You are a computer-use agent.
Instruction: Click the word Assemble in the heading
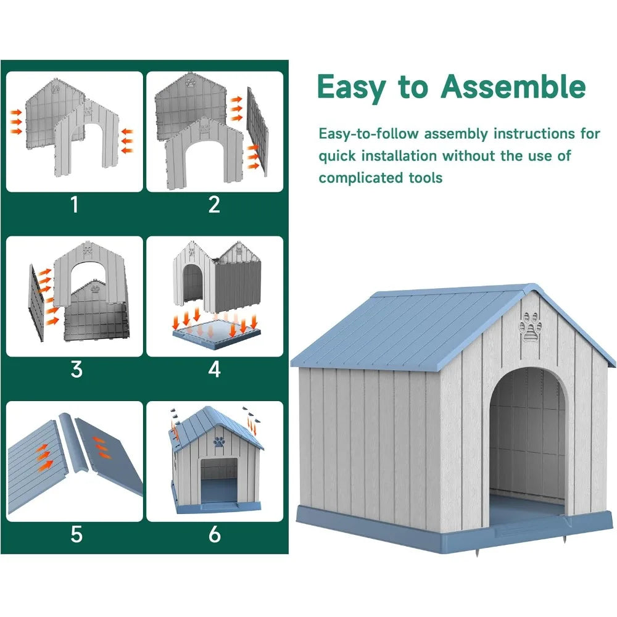(513, 87)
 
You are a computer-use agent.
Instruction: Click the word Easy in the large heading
(349, 87)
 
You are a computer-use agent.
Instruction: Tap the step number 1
(75, 204)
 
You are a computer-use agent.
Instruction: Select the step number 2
(214, 204)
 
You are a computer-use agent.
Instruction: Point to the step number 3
(76, 369)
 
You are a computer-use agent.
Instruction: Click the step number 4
(214, 369)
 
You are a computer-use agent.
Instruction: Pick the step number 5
(76, 534)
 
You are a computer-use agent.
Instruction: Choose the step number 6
(214, 534)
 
